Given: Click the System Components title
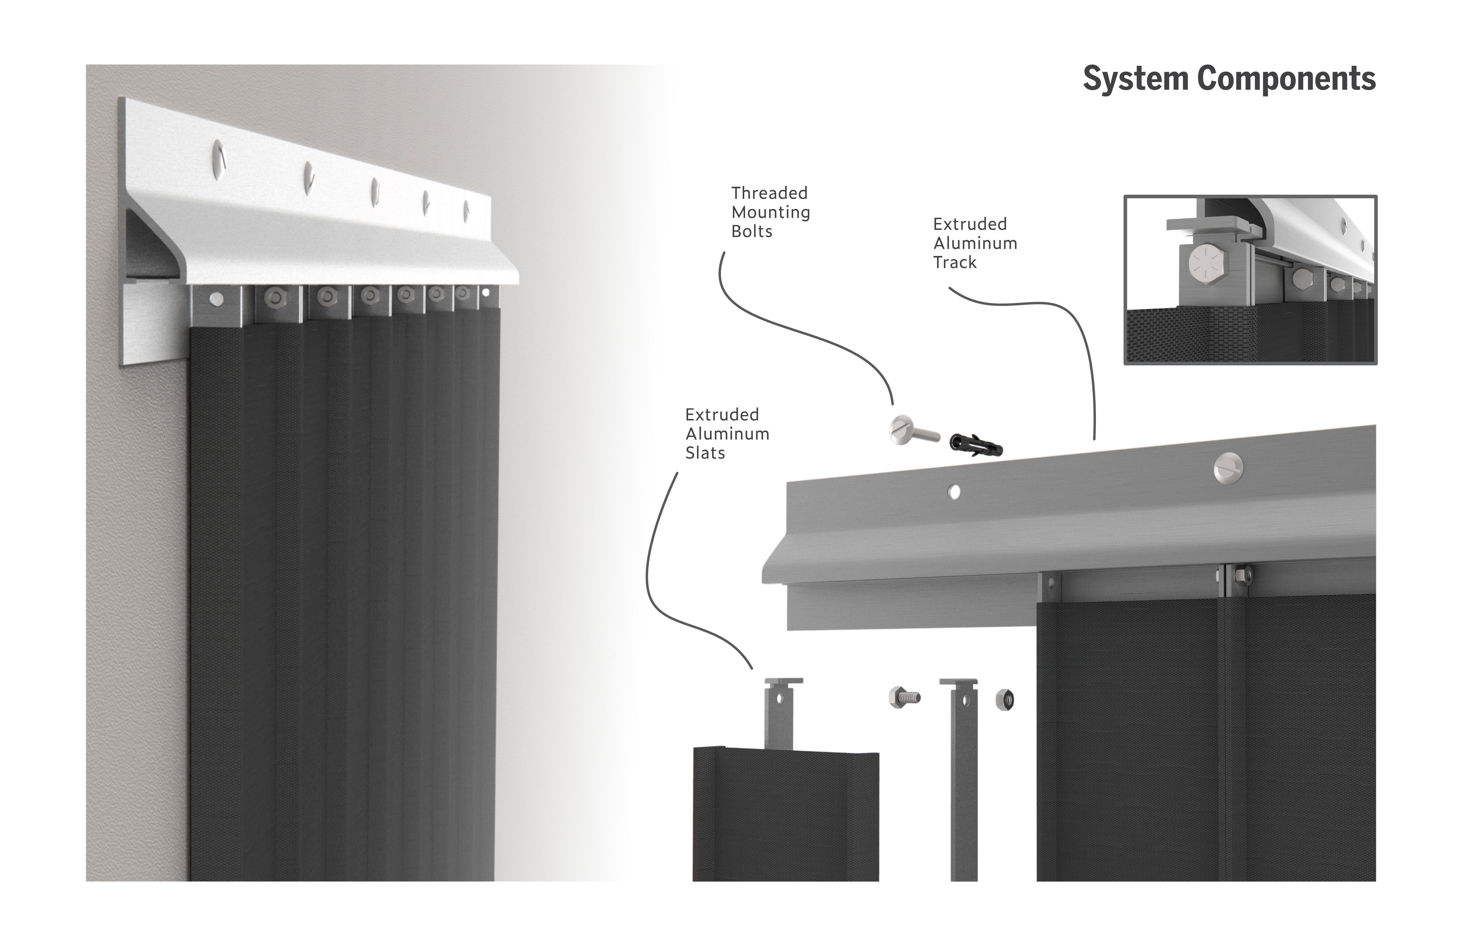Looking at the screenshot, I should point(1229,79).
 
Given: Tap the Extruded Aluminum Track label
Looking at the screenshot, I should point(975,243).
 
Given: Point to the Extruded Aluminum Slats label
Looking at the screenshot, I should point(727,434).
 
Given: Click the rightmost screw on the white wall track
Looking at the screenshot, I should point(466,211).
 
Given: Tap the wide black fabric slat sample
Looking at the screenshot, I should point(785,817).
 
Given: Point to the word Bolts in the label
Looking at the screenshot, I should point(752,232).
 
